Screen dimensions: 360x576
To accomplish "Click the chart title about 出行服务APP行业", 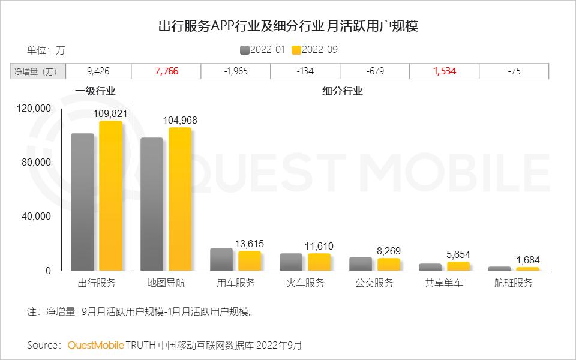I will tap(287, 26).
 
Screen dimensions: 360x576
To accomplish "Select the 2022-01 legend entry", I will tap(262, 49).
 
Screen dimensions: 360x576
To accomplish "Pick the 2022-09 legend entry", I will tap(314, 49).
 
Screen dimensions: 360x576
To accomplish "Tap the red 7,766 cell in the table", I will tap(166, 71).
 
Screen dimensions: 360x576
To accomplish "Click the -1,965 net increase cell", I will tap(236, 71).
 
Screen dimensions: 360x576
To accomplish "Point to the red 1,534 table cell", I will tap(445, 71).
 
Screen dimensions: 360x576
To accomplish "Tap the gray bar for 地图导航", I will tap(152, 204).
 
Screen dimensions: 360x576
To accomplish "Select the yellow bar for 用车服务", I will tap(250, 261).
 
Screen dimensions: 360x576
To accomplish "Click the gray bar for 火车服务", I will tap(291, 262).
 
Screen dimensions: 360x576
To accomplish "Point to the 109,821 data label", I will tap(110, 113).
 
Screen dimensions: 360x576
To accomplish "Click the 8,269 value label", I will tap(389, 251).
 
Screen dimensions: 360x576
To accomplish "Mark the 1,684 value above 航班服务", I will tap(528, 260).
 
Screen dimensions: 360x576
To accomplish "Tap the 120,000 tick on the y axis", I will tap(35, 109).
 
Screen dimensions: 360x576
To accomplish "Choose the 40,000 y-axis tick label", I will tap(37, 217).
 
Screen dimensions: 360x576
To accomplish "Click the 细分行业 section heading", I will tap(342, 92).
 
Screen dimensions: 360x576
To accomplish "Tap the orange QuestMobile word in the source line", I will tap(96, 345).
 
